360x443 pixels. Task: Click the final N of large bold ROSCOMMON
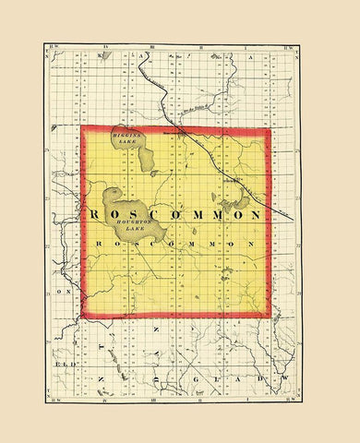point(252,214)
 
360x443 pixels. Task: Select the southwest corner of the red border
point(82,317)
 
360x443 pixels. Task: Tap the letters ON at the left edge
point(66,291)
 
